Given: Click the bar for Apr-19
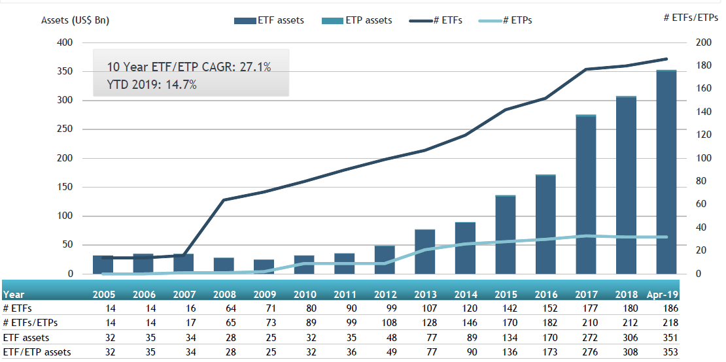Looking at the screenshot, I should tap(666, 173).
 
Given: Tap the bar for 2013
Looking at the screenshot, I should tap(424, 252).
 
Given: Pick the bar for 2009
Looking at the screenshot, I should tap(264, 267).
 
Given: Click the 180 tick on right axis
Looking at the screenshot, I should tap(703, 65).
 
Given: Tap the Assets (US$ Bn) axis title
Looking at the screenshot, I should tap(75, 20).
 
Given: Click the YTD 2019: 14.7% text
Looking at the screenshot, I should tap(152, 84).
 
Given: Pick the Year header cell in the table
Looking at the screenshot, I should tap(14, 295).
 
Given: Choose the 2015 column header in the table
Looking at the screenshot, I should tap(505, 295).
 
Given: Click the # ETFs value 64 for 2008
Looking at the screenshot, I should tap(228, 308).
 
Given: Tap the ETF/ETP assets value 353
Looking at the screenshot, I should tap(670, 353).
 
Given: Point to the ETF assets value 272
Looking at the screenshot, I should tap(591, 338).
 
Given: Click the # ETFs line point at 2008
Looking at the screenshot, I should tap(224, 200).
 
